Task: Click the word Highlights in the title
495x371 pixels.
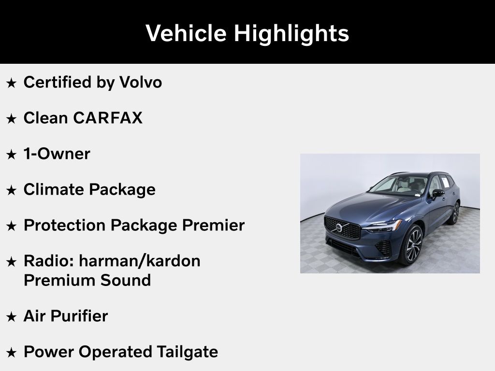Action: pos(291,33)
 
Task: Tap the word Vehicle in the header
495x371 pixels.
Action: pos(186,33)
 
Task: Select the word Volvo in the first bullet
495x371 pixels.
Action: pos(141,82)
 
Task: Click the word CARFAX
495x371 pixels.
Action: pos(108,118)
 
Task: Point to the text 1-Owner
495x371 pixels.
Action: pos(57,154)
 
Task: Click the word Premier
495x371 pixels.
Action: pos(213,225)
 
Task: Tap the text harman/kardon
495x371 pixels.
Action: pos(140,261)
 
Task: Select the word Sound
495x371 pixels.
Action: pos(126,280)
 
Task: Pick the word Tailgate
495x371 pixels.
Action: pos(187,352)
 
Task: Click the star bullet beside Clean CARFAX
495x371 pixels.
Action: pos(12,119)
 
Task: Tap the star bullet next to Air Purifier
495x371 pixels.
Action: pos(12,317)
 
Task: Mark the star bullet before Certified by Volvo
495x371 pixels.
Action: pos(12,83)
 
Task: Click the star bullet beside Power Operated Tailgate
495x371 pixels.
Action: pos(12,353)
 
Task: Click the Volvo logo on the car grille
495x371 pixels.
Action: pos(339,228)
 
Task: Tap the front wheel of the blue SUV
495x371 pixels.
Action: pos(411,245)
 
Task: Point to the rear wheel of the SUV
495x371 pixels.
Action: pos(454,213)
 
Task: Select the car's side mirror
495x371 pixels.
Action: pos(437,193)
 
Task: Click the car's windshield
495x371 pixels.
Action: pos(398,185)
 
